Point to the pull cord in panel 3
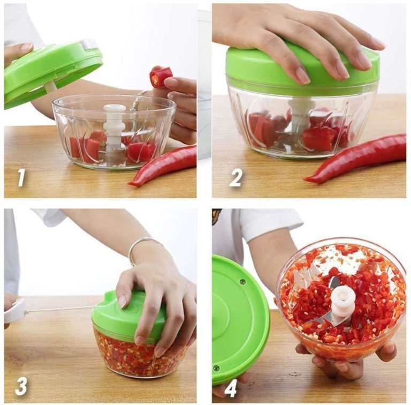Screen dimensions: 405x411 coord(59,309)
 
